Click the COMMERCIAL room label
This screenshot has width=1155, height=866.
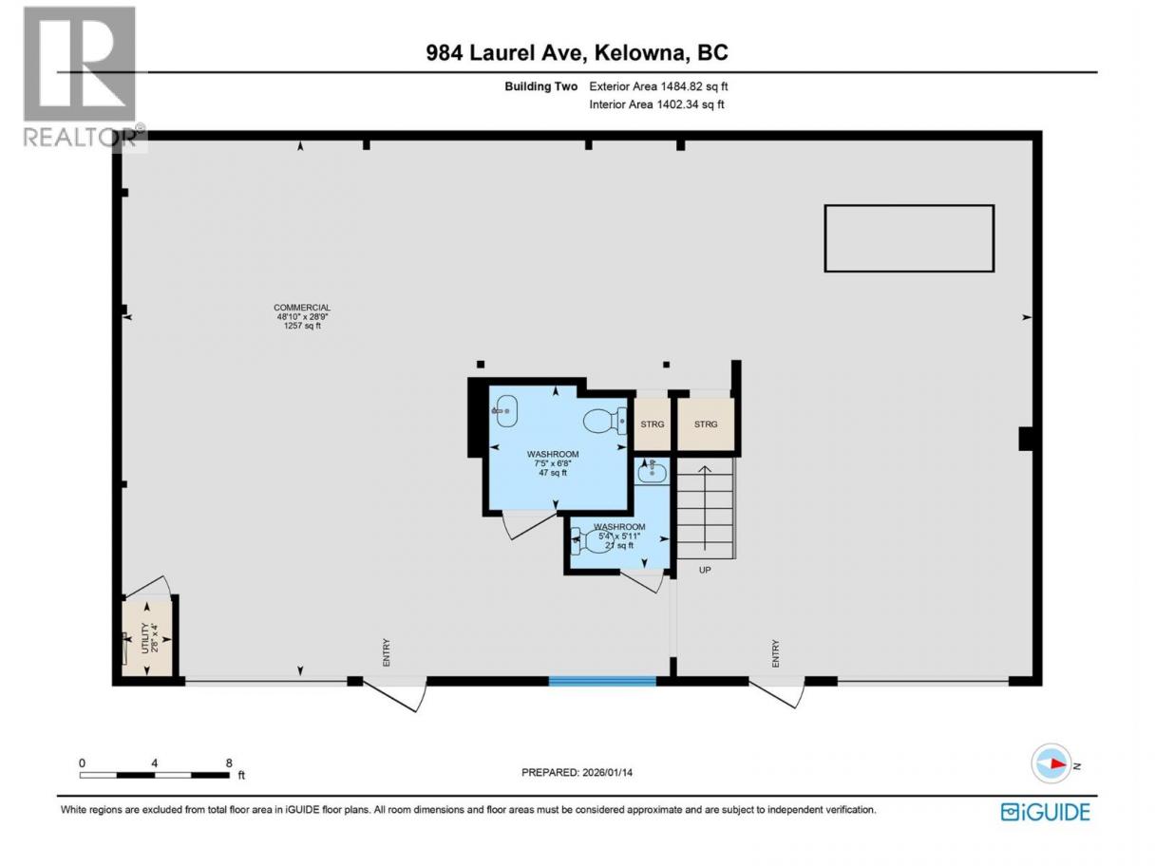click(301, 307)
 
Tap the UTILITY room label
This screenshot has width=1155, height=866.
click(145, 638)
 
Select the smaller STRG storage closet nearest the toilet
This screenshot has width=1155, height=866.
click(652, 424)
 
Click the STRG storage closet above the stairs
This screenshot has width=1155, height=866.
click(706, 424)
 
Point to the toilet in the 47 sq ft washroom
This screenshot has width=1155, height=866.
click(605, 422)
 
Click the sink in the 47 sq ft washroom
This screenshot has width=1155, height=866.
click(505, 410)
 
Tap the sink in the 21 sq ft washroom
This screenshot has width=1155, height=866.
click(652, 471)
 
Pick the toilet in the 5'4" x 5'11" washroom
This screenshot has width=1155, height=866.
click(588, 541)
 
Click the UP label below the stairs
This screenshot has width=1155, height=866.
click(705, 570)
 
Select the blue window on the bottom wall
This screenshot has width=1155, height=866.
click(602, 681)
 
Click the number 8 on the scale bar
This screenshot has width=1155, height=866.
click(229, 762)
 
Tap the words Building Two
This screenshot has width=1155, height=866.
click(540, 86)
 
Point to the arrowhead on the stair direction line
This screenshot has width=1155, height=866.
click(705, 469)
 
